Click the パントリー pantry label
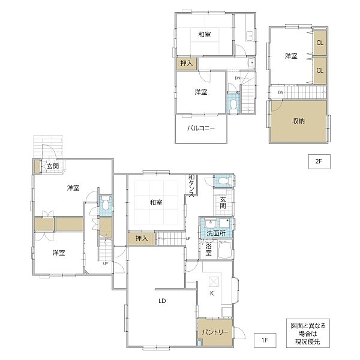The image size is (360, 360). pyautogui.click(x=215, y=332)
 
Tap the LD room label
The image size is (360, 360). pyautogui.click(x=162, y=301)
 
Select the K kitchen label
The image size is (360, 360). pyautogui.click(x=212, y=293)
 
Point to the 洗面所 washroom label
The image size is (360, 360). pyautogui.click(x=216, y=233)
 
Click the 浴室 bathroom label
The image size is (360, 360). pyautogui.click(x=208, y=250)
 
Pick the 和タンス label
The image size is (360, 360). pyautogui.click(x=191, y=186)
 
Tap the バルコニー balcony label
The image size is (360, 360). pyautogui.click(x=201, y=128)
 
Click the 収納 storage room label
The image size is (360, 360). pyautogui.click(x=298, y=121)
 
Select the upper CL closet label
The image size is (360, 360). pyautogui.click(x=320, y=43)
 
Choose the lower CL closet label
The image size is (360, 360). pyautogui.click(x=320, y=70)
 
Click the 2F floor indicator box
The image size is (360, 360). pyautogui.click(x=319, y=161)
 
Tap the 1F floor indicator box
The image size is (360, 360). pyautogui.click(x=265, y=340)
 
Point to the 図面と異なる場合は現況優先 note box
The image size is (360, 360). pyautogui.click(x=308, y=333)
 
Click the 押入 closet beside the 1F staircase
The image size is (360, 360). pyautogui.click(x=142, y=239)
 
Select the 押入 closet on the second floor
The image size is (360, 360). pyautogui.click(x=187, y=63)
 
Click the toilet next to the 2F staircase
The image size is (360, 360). pyautogui.click(x=233, y=106)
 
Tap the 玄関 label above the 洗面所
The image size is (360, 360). pyautogui.click(x=223, y=203)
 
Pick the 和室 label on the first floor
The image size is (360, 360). pyautogui.click(x=156, y=203)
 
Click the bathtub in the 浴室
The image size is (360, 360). pyautogui.click(x=225, y=250)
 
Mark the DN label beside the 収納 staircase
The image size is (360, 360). pyautogui.click(x=281, y=92)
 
